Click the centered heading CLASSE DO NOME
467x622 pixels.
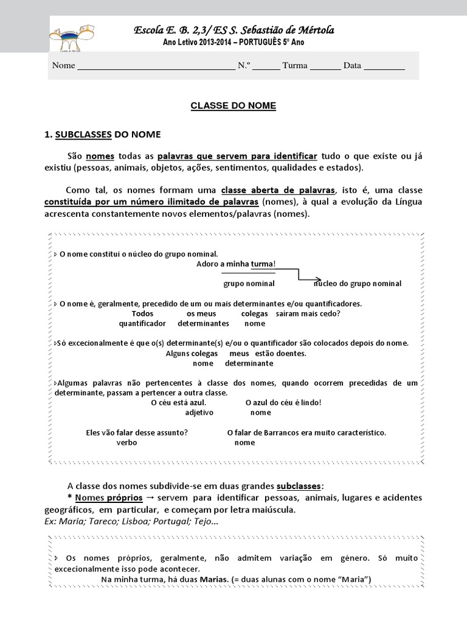click(233, 106)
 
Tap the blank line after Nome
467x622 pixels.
click(156, 66)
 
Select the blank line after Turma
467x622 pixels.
click(325, 66)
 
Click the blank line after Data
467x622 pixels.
click(384, 66)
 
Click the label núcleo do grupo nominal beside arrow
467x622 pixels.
click(358, 284)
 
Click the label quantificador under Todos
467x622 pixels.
click(142, 324)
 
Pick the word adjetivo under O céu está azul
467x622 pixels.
click(200, 412)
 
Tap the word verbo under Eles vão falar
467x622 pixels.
click(127, 443)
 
